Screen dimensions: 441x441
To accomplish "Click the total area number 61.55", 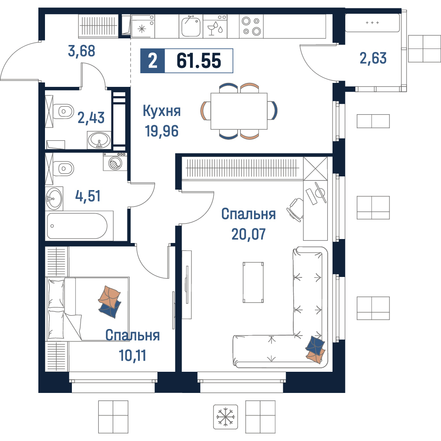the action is coord(199,61).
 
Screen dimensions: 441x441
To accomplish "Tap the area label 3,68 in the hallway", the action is coord(82,51).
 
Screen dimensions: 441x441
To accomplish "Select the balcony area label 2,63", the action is coord(373,58).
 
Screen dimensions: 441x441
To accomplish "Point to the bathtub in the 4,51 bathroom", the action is coord(77,226).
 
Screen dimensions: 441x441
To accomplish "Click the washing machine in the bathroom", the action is coord(115,162).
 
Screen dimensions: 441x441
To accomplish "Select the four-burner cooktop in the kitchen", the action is coord(251,26).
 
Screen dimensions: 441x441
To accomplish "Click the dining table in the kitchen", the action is coord(239,111).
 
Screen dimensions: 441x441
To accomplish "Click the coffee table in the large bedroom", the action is coord(253,282).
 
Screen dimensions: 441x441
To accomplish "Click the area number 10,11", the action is coord(132,355).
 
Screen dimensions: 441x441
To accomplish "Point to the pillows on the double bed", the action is coord(110,302).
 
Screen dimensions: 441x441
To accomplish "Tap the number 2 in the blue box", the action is coord(153,61).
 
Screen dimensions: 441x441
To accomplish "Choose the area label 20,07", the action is coord(248,234).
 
